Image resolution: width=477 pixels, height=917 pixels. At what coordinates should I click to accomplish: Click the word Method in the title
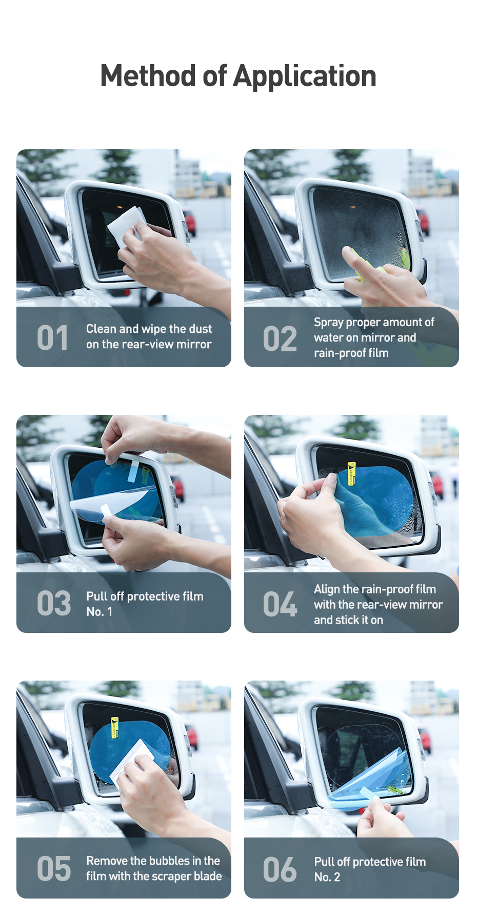(148, 76)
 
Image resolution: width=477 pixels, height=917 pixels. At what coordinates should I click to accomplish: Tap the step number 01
(52, 338)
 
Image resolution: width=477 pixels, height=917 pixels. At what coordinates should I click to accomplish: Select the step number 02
(280, 339)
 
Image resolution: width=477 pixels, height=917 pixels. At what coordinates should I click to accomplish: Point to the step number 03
(54, 603)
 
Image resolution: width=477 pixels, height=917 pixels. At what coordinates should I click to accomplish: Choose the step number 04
(280, 604)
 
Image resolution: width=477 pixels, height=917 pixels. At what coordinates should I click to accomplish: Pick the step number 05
(54, 869)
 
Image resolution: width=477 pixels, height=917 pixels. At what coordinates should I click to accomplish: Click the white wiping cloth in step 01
(126, 226)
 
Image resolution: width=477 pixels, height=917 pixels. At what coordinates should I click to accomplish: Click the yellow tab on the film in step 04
(351, 473)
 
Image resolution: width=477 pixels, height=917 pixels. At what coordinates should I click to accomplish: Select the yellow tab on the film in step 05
(115, 727)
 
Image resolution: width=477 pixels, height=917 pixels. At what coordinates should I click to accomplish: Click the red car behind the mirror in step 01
(189, 222)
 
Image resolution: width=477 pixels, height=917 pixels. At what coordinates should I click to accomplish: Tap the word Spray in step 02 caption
(328, 323)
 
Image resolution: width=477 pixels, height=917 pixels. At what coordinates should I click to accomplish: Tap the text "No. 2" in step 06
(327, 877)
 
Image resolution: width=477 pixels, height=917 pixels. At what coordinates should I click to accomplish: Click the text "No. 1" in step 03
(99, 611)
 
